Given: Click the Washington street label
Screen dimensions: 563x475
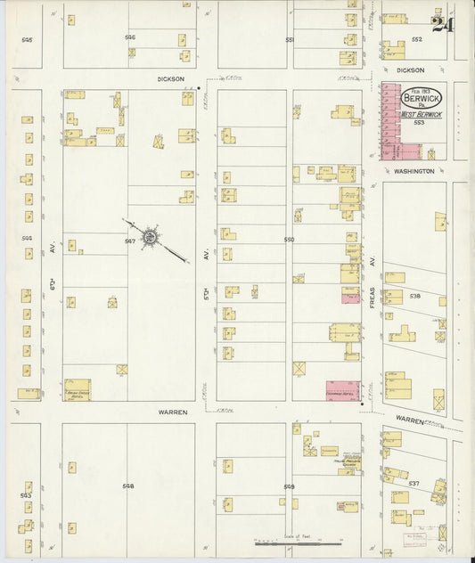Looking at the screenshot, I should [x=415, y=170].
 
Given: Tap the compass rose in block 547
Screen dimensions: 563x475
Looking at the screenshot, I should [x=151, y=238].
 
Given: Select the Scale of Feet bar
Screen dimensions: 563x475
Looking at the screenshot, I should [x=298, y=540].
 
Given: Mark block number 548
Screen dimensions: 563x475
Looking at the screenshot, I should [x=128, y=486].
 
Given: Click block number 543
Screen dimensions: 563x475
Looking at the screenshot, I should [x=26, y=494].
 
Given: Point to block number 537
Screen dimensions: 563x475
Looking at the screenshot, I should [x=414, y=483].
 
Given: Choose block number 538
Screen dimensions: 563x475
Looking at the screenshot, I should [x=414, y=295].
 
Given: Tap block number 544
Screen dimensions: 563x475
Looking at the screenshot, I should [x=27, y=238].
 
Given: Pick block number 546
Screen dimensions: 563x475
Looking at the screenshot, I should [x=130, y=37].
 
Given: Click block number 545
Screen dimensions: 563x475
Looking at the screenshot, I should [x=27, y=40].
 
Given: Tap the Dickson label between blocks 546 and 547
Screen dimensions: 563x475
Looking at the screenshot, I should [x=170, y=78].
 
